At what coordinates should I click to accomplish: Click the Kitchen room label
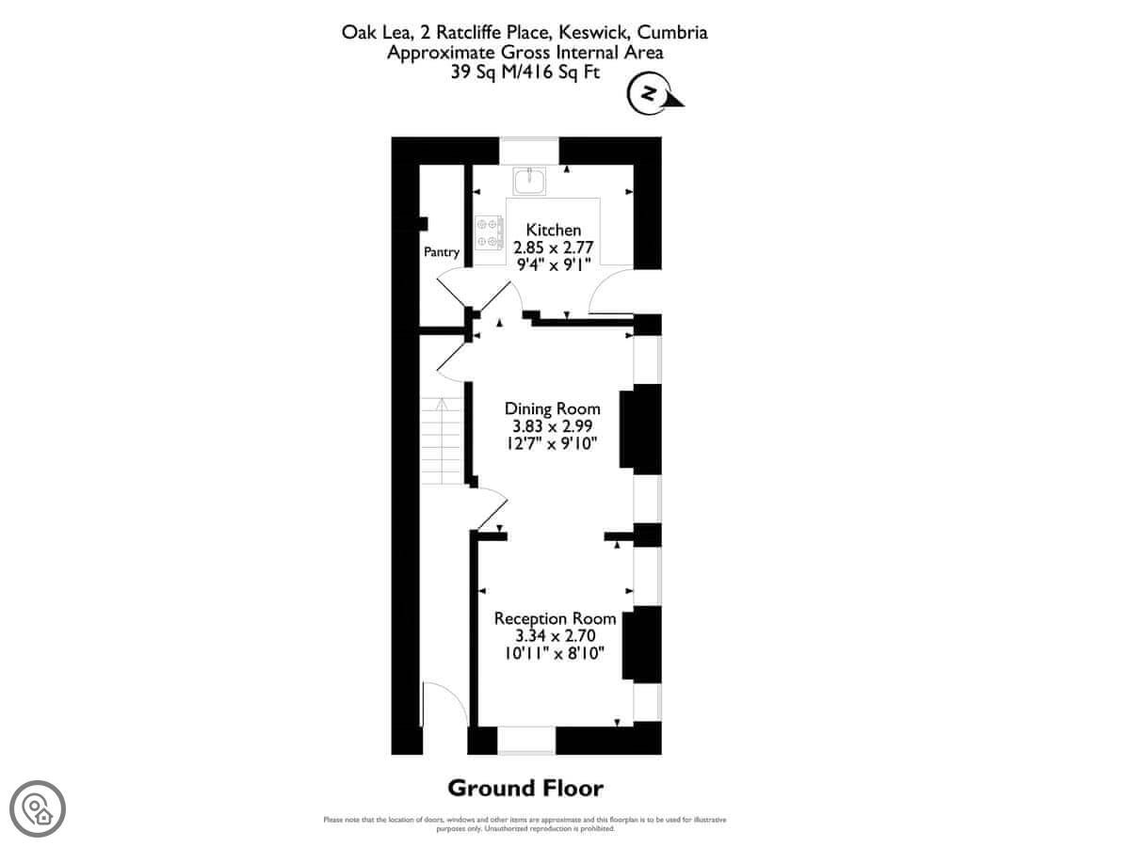553,230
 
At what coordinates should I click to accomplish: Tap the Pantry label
442,252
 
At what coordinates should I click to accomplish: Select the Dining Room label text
552,408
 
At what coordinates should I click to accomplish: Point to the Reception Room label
555,618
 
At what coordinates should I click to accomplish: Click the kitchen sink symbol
529,182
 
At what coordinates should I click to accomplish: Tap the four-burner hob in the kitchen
489,233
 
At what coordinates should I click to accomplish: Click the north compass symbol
654,94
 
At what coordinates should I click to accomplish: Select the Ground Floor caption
525,789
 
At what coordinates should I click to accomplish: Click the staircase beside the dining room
442,440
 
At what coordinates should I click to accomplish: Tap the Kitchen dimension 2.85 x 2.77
553,248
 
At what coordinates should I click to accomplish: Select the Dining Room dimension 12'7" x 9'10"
552,443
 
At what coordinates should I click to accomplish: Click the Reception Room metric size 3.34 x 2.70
555,635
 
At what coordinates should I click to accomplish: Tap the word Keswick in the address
593,32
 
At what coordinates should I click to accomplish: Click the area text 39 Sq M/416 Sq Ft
525,72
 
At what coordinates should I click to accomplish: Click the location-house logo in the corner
38,809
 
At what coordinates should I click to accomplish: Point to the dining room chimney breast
640,429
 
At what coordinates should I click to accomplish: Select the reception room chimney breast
641,645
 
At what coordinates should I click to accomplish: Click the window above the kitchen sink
528,151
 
